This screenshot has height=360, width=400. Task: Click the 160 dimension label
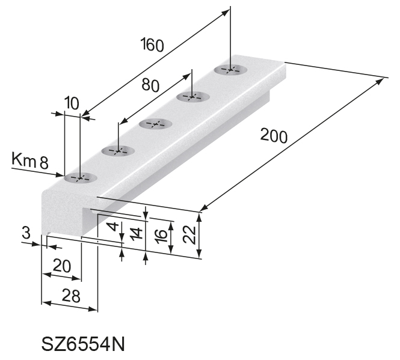152,45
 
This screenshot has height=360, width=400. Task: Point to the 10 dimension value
72,103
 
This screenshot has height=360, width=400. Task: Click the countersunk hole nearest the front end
80,178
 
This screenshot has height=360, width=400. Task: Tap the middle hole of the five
155,124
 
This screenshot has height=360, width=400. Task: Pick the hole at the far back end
230,70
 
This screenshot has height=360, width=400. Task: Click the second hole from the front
117,151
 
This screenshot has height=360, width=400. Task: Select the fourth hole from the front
192,97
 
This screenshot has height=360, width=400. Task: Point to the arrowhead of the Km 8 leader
61,175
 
